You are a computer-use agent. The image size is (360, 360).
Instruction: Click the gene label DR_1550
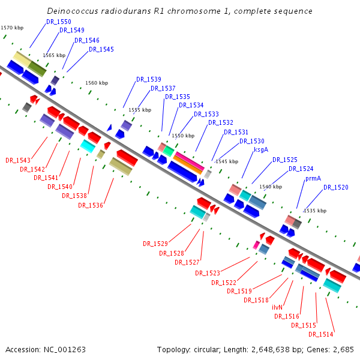59,22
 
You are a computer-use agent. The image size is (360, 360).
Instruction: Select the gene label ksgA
261,150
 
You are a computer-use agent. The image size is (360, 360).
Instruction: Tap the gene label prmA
313,178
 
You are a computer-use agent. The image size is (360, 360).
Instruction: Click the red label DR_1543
18,160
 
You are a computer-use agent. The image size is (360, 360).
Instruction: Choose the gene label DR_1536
91,205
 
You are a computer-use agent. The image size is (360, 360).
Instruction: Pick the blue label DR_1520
335,187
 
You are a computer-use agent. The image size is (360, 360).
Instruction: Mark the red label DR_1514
321,334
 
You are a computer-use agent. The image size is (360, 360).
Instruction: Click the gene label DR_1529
155,244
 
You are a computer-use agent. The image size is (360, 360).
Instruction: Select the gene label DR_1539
148,79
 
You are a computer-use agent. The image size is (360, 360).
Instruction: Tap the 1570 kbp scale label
13,28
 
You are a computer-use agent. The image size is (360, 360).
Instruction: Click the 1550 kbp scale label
183,136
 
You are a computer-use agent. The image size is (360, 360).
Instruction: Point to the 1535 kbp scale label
315,211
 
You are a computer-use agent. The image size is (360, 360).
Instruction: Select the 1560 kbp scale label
97,83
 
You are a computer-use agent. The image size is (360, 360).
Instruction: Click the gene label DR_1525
285,160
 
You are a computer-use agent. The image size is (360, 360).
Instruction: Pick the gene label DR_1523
208,273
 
